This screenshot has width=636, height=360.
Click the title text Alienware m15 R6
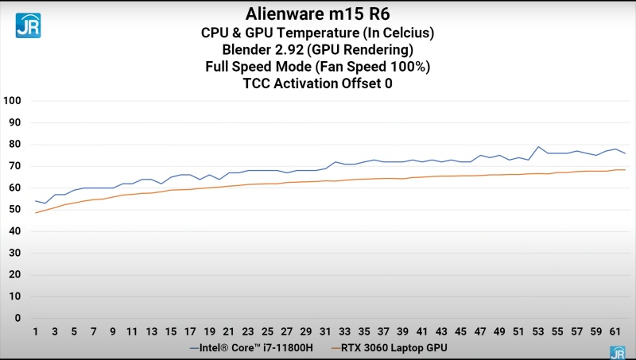(317, 14)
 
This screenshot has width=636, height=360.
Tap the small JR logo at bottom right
(617, 353)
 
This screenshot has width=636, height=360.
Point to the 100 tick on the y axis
(12, 101)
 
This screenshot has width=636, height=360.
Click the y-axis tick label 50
(14, 210)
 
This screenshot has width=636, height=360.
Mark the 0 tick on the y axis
(17, 318)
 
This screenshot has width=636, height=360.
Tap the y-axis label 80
(14, 145)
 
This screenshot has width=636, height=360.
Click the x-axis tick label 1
(36, 331)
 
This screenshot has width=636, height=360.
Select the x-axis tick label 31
(325, 331)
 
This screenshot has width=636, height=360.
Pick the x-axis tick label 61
(615, 331)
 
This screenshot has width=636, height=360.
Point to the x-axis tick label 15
(171, 331)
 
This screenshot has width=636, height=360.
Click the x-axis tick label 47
(479, 331)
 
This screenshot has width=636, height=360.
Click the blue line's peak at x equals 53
(538, 147)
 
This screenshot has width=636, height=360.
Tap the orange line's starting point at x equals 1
(36, 213)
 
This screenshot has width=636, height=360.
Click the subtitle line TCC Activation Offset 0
(317, 83)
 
